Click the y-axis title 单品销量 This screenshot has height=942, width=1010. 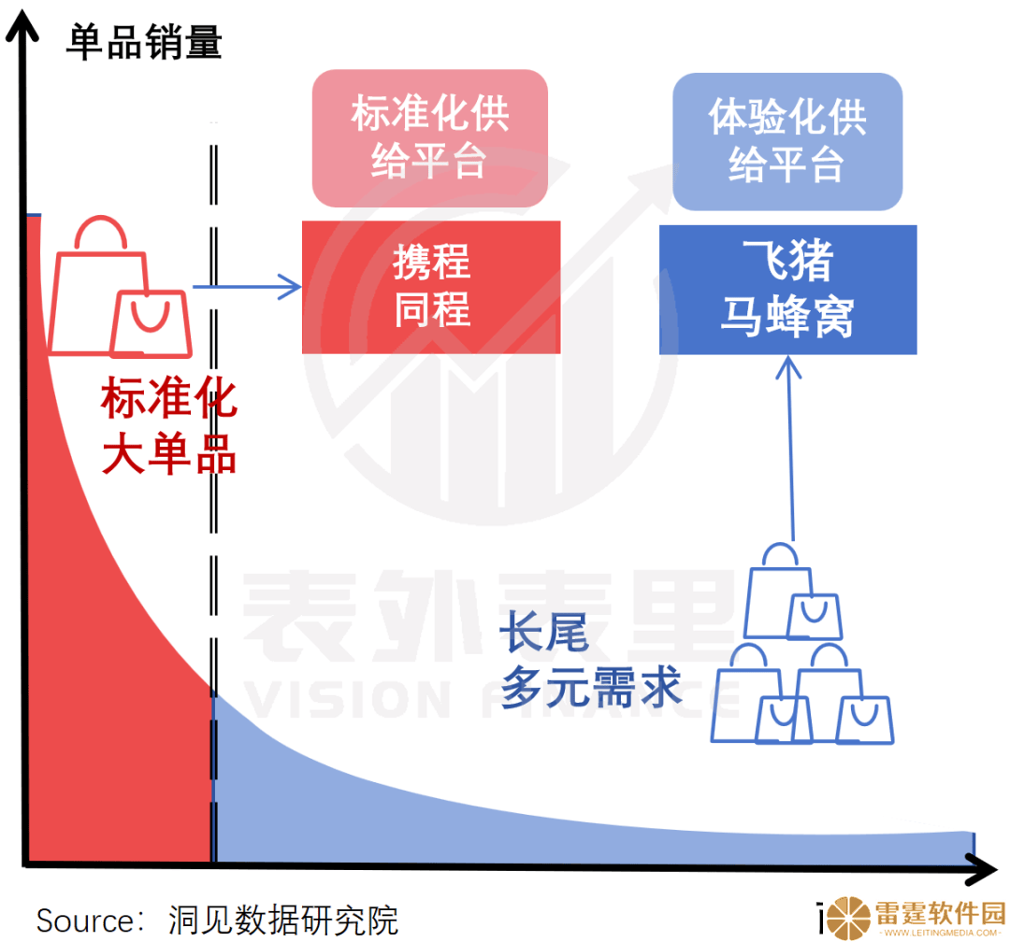point(144,42)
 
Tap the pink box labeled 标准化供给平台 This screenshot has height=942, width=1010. point(429,138)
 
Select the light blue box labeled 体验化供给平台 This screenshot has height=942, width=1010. point(787,142)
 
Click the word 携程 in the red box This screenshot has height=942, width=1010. point(431,262)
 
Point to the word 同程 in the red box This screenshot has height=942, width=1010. point(431,309)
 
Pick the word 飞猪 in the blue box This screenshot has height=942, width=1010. point(787,260)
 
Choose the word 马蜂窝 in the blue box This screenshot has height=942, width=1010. point(787,316)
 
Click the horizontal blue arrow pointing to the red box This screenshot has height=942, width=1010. point(247,287)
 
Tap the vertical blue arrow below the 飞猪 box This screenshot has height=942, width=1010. point(789,449)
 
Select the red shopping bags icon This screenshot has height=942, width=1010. point(120,287)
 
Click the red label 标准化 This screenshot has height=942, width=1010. point(169,398)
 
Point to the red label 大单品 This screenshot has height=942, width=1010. point(169,454)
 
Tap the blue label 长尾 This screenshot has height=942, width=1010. point(544,632)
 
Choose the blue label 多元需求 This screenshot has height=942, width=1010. point(591,687)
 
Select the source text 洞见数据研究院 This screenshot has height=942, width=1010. point(283,921)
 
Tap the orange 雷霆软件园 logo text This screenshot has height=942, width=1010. point(940,912)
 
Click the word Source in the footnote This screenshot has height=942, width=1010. point(85,921)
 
